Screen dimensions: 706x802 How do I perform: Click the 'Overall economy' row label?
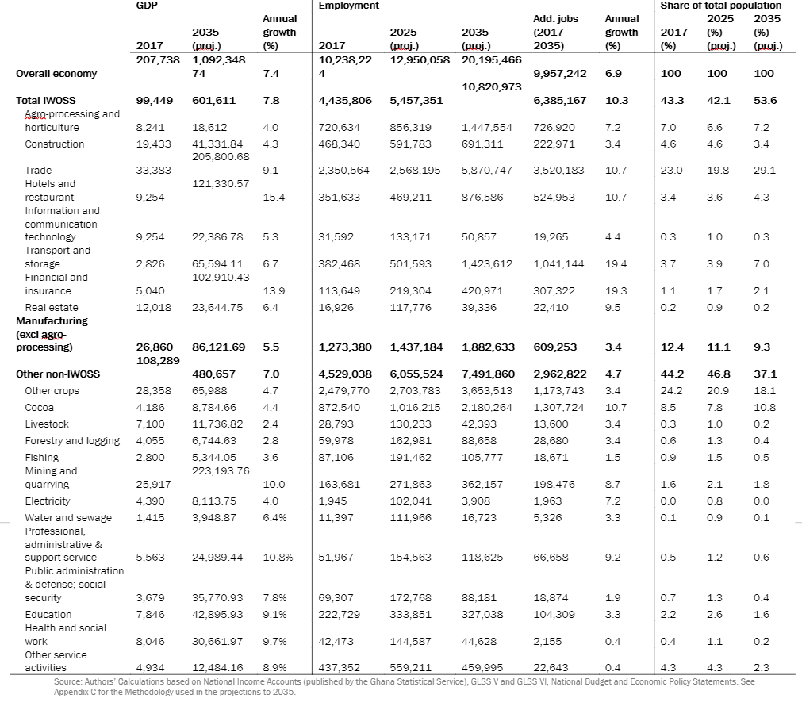[56, 74]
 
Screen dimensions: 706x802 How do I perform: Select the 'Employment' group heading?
[348, 6]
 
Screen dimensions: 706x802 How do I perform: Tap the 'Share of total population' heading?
[720, 6]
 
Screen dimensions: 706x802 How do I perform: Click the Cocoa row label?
[39, 408]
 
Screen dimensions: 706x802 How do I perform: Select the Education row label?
[48, 615]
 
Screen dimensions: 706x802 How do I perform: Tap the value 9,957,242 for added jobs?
[560, 74]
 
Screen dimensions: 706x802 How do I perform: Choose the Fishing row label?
[41, 458]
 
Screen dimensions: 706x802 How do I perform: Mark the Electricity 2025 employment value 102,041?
[411, 501]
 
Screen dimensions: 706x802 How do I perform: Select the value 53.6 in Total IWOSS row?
[766, 101]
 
